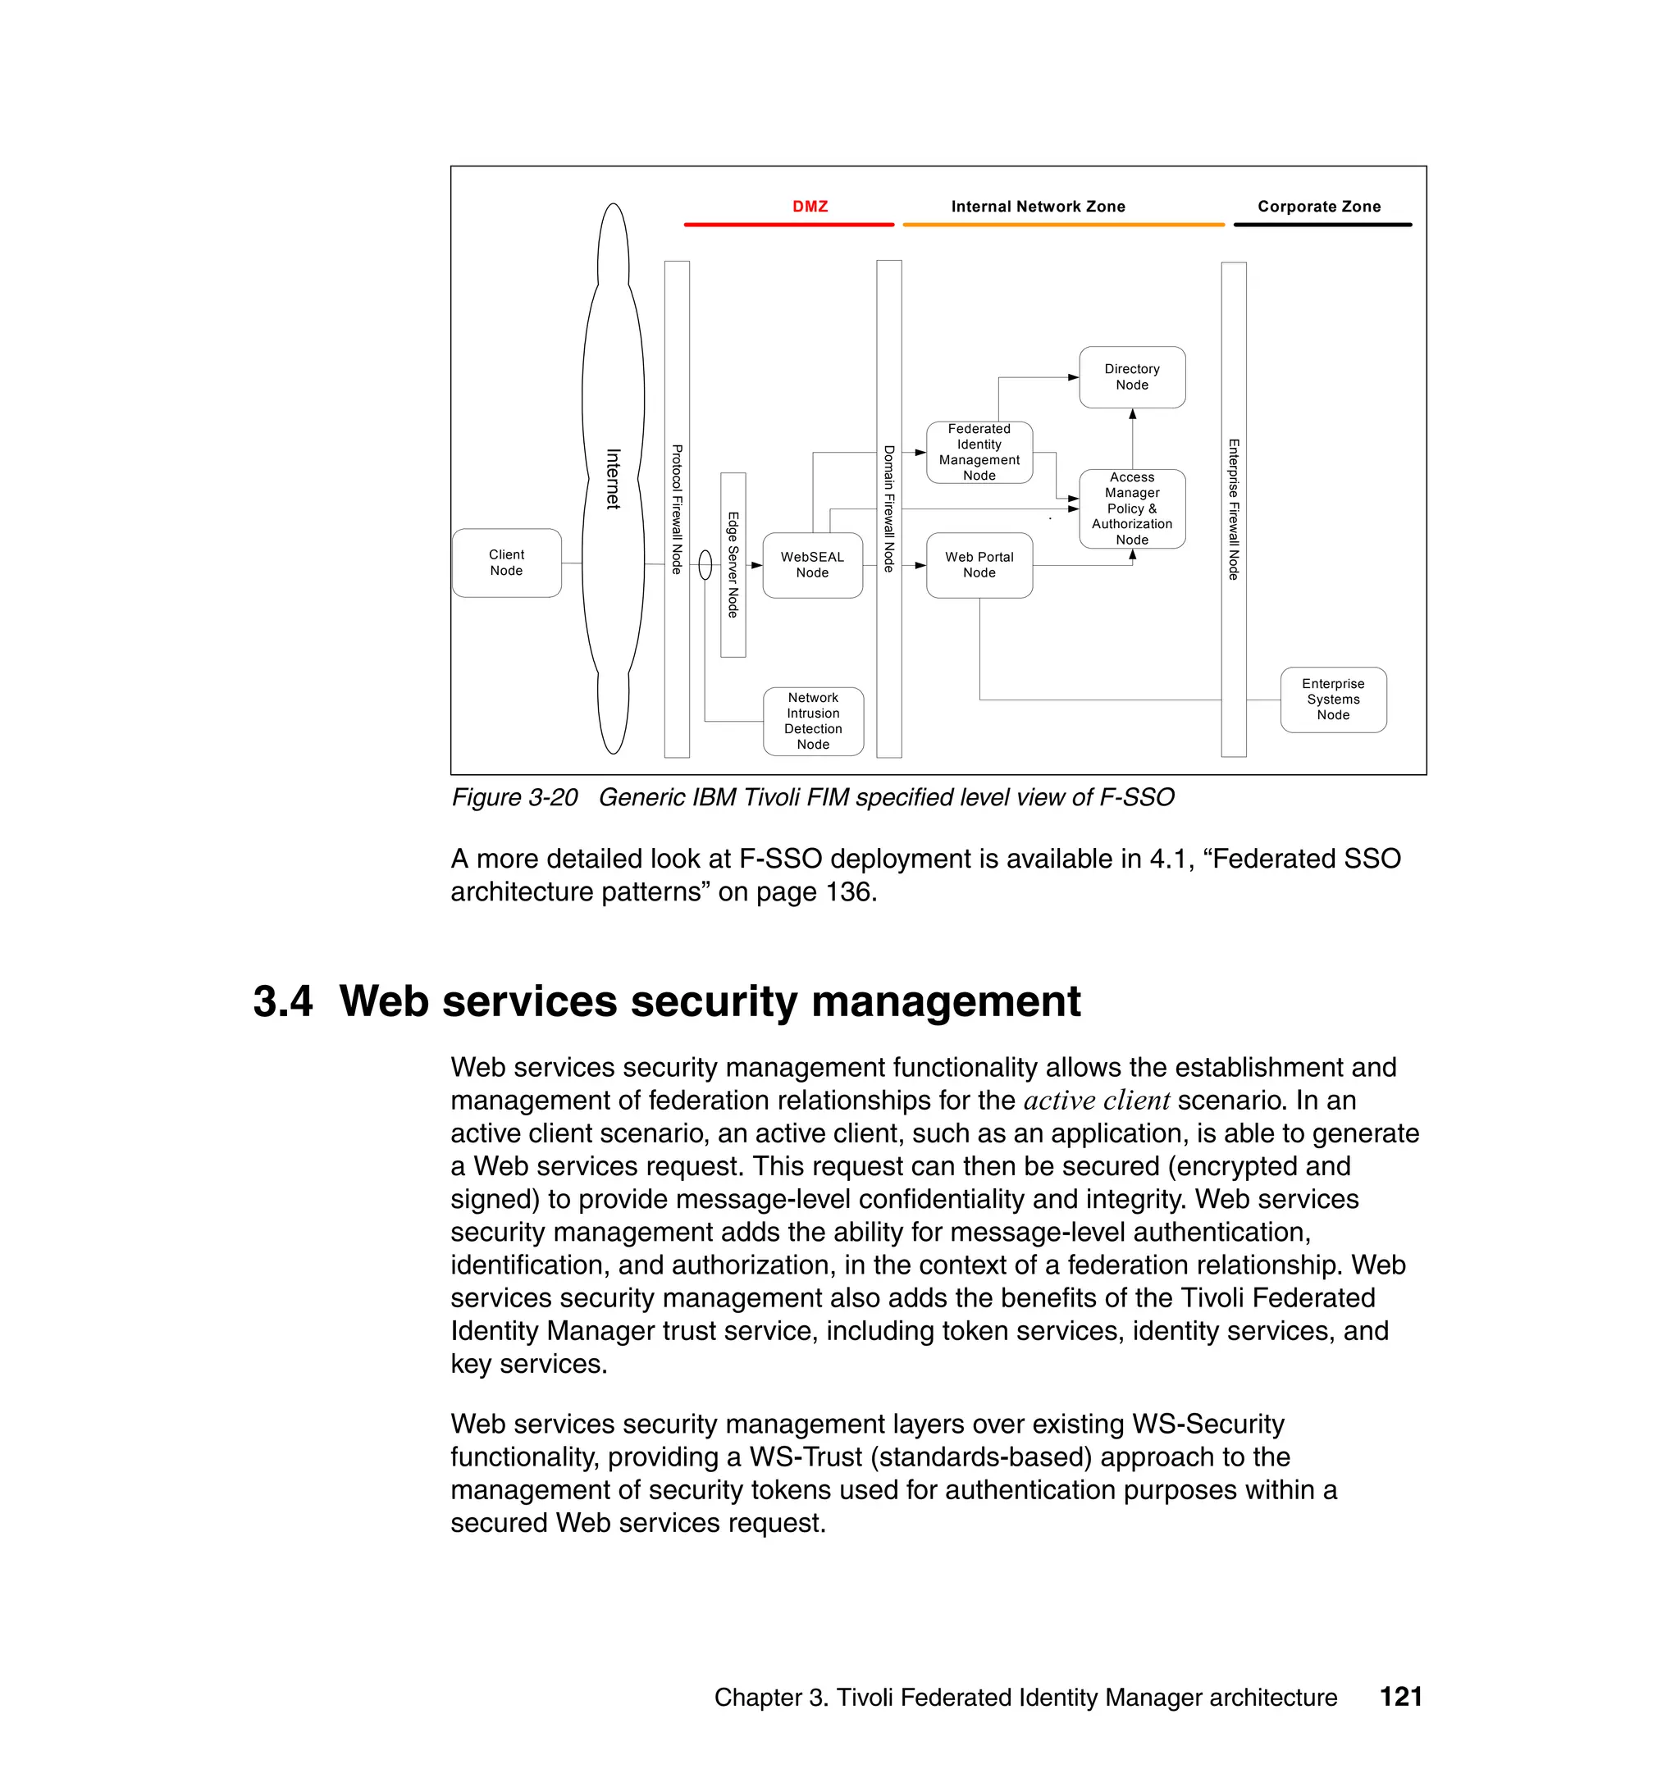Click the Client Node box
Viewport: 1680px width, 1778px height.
[506, 563]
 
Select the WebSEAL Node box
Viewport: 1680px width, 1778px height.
[812, 565]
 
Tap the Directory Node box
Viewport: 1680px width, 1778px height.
[1132, 377]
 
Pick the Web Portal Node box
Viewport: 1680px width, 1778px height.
[979, 565]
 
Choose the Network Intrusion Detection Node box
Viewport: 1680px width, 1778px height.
[813, 721]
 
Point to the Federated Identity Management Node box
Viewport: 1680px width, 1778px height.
[979, 452]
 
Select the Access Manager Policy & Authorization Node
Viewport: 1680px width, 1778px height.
[1132, 508]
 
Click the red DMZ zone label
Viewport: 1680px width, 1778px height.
[810, 207]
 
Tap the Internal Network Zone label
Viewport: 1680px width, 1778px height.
[1038, 207]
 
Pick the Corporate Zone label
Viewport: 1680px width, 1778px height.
[1319, 207]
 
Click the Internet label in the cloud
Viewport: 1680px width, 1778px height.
[614, 479]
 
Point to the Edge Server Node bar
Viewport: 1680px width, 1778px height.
[733, 565]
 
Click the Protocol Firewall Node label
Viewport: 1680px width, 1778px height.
[677, 509]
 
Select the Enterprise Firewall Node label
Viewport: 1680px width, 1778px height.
[1233, 509]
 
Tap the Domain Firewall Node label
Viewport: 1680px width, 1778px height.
[888, 508]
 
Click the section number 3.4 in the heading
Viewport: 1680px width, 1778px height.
[283, 1001]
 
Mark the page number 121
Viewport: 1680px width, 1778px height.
[1400, 1697]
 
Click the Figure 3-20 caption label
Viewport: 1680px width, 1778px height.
[515, 797]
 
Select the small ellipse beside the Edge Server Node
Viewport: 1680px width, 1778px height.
[705, 565]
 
